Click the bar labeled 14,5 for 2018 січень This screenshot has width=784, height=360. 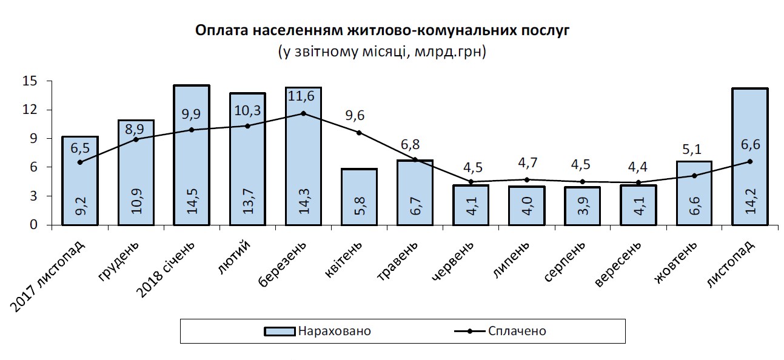point(192,155)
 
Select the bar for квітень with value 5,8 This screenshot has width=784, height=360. point(359,197)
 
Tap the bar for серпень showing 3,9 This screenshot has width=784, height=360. point(582,206)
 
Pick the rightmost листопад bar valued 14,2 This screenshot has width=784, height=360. point(749,156)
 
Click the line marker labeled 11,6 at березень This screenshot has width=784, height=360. point(303,113)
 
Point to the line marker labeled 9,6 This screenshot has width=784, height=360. point(359,132)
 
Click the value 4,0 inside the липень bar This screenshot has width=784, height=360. point(526,206)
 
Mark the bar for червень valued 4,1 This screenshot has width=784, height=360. point(471,206)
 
